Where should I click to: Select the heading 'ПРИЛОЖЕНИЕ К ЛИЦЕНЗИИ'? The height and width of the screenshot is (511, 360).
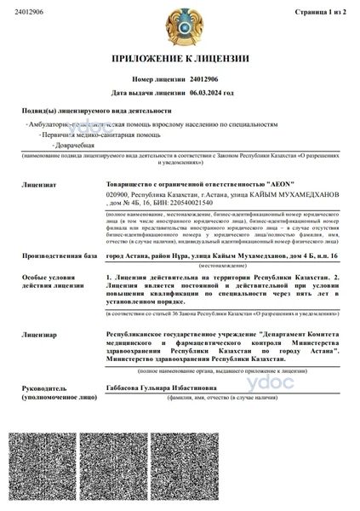coord(180,59)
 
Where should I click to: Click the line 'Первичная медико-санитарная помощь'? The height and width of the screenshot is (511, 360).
coord(97,135)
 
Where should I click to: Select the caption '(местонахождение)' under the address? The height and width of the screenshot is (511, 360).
coord(224,266)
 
